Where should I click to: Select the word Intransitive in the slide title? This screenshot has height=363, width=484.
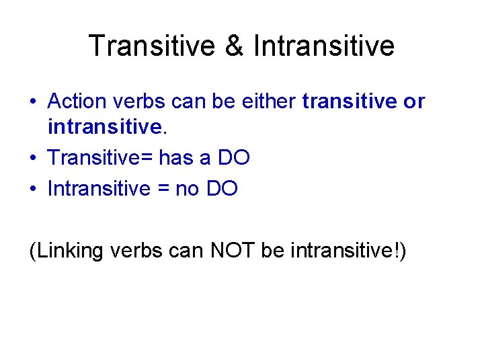click(324, 46)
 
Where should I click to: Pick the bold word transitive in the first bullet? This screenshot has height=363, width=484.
click(349, 102)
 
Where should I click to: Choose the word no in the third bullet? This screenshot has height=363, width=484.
click(188, 188)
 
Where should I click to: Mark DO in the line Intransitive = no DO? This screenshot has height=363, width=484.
click(222, 188)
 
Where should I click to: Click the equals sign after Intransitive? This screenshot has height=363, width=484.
click(163, 189)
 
